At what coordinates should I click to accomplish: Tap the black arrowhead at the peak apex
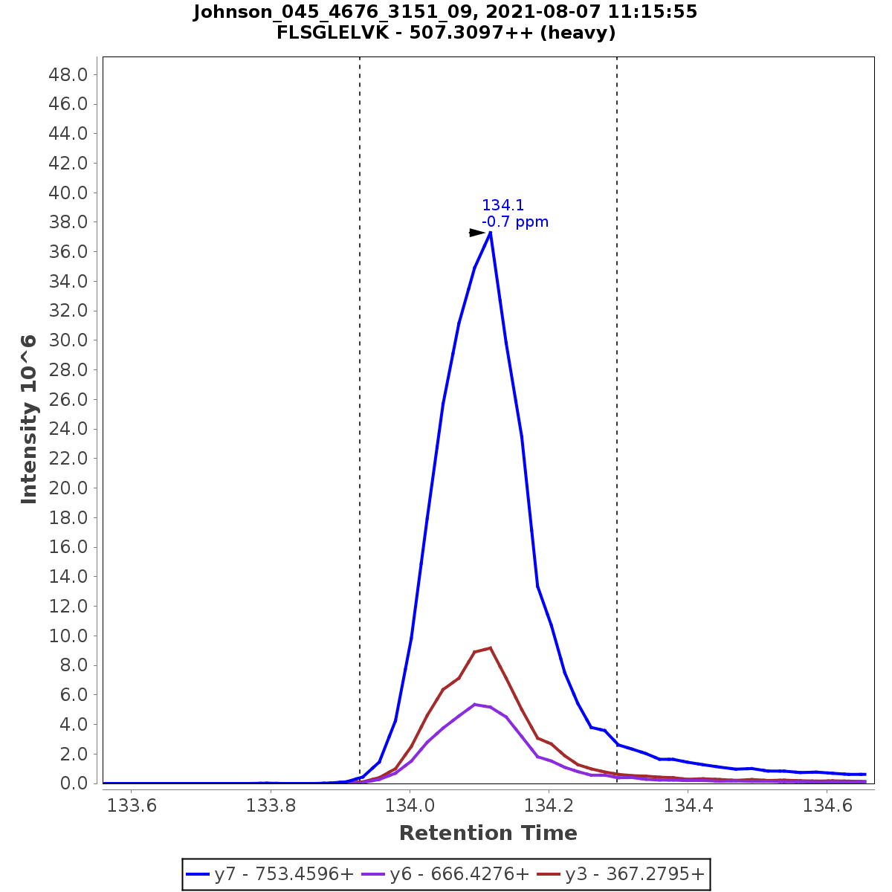pos(476,233)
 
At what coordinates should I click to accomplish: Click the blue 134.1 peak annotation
pos(502,206)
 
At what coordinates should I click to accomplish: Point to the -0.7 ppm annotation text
pos(515,222)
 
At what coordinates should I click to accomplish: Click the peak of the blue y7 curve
pos(490,233)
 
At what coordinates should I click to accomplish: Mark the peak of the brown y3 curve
pos(490,648)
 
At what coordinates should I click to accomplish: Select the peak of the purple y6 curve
pos(474,704)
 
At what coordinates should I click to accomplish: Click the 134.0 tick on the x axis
pos(410,806)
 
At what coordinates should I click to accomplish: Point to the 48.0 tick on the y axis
pos(68,74)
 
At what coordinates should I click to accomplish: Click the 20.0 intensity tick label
pos(68,488)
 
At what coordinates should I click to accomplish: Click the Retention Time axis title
pos(488,833)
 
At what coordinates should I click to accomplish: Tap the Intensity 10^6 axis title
pos(30,419)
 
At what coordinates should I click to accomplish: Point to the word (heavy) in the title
pos(578,33)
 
